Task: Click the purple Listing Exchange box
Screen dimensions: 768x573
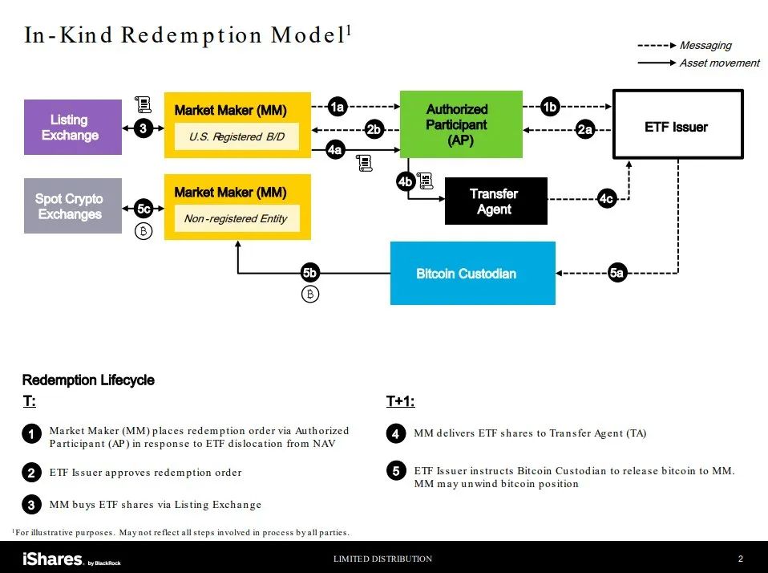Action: coord(73,127)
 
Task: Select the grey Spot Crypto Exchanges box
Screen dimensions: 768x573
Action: coord(73,206)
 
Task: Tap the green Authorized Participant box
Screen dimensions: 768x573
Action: coord(462,124)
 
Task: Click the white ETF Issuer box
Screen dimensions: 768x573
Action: coord(678,124)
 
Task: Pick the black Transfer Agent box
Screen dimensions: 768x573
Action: coord(496,201)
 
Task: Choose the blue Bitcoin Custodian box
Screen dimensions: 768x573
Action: coord(473,273)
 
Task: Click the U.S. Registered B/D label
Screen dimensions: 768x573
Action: coord(237,136)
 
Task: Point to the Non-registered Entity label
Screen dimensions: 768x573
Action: coord(236,218)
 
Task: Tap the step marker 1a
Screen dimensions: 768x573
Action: coord(338,107)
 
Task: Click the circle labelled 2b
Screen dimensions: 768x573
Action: coord(374,129)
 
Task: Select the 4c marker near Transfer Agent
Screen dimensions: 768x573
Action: coord(606,198)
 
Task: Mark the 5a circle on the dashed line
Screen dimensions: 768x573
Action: coord(617,273)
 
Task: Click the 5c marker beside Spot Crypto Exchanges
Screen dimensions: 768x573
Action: coord(143,209)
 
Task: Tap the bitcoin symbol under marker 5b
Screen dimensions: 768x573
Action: coord(310,294)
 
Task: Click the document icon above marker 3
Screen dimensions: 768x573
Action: coord(143,104)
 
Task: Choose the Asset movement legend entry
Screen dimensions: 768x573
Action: coord(698,63)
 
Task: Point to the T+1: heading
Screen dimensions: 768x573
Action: coord(400,401)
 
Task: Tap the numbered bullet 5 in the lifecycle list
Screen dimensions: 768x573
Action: coord(396,471)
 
